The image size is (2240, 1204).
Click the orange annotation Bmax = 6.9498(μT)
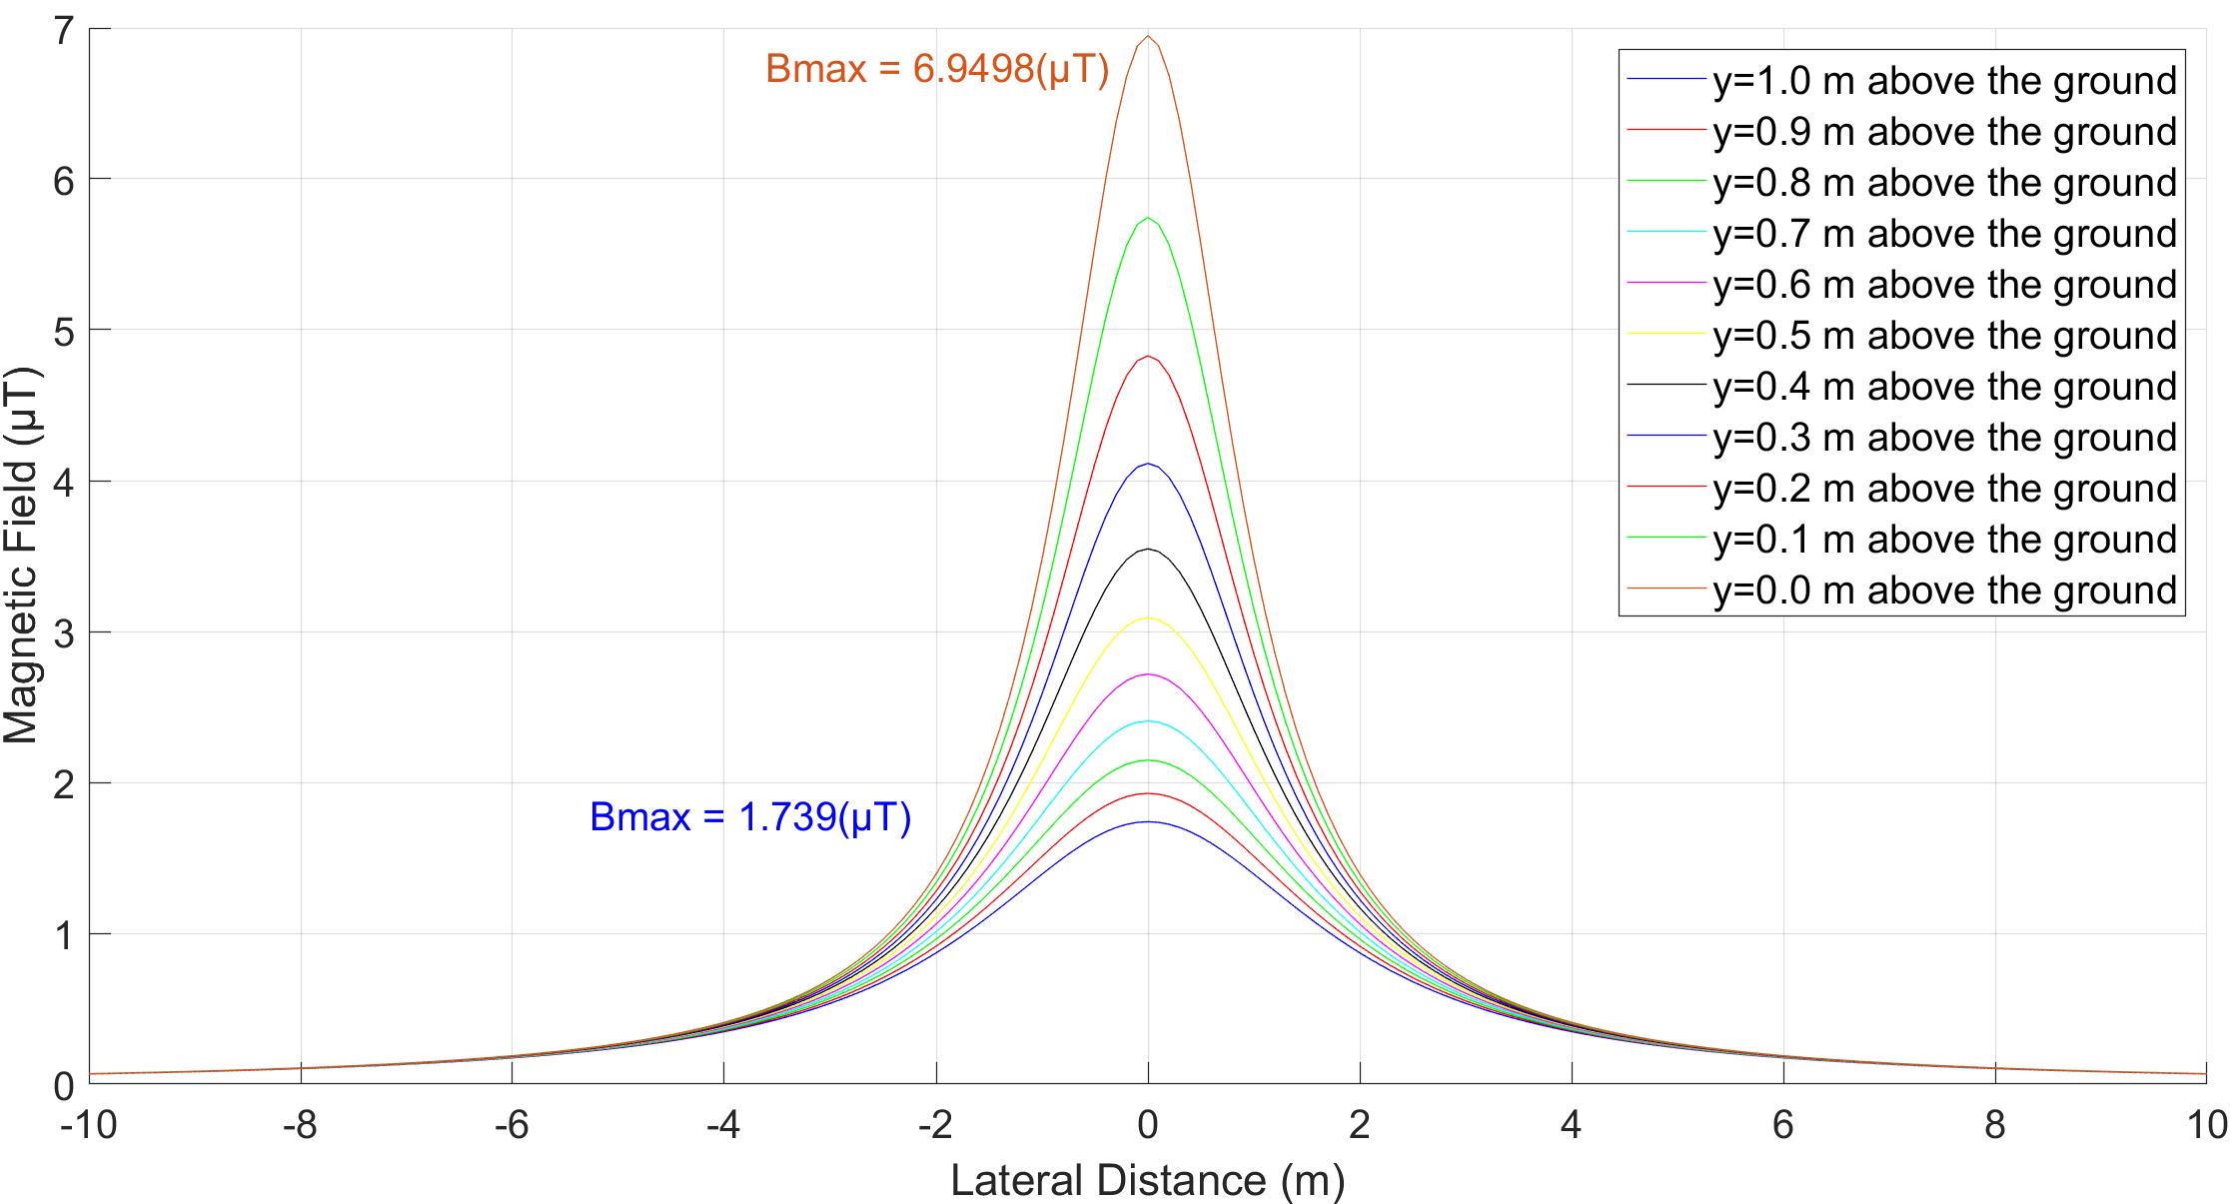click(x=937, y=69)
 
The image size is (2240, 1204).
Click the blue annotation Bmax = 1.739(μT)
click(x=750, y=817)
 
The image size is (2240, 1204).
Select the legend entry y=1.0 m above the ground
click(x=1944, y=81)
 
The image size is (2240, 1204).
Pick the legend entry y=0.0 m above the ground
click(x=1944, y=591)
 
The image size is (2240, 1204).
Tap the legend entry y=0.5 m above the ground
click(x=1944, y=336)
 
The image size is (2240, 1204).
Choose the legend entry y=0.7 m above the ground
click(x=1944, y=234)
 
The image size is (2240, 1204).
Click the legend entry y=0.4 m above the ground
click(x=1944, y=387)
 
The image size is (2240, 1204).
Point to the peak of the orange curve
click(x=1148, y=37)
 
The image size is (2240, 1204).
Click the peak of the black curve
click(x=1148, y=550)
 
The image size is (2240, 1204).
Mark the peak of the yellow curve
click(x=1148, y=618)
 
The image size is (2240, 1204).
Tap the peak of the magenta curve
click(x=1148, y=674)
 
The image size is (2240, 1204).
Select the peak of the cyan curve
click(x=1148, y=721)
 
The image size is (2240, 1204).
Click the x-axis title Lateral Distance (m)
click(x=1147, y=1180)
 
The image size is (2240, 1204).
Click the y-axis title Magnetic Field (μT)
click(x=22, y=556)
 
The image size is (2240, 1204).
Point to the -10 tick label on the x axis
click(x=89, y=1125)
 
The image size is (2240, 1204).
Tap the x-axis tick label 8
click(x=1994, y=1125)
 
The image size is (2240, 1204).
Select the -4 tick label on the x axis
click(x=723, y=1125)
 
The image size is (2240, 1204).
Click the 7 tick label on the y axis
click(x=64, y=31)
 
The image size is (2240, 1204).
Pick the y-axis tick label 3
click(x=64, y=633)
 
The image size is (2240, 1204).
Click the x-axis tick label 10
click(x=2206, y=1125)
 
